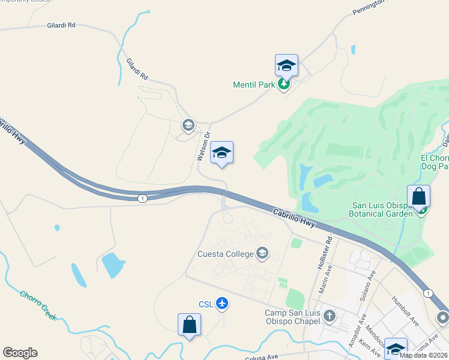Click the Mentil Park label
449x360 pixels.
[x=253, y=85]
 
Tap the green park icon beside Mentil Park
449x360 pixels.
[x=284, y=85]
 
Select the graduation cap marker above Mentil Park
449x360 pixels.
[x=286, y=66]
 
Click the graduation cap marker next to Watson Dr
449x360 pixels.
[x=221, y=154]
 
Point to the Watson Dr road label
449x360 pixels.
[x=204, y=146]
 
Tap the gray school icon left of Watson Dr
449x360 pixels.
[x=188, y=125]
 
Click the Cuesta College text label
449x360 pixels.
[x=226, y=254]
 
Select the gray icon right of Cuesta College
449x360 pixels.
[x=262, y=254]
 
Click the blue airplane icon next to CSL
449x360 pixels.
[x=223, y=304]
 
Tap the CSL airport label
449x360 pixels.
[x=206, y=304]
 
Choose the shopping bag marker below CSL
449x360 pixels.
[x=189, y=325]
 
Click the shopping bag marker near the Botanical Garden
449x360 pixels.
[x=418, y=197]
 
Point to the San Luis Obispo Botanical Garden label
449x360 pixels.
[x=382, y=209]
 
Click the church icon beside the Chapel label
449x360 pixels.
[x=329, y=316]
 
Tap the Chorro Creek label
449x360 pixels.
[x=38, y=305]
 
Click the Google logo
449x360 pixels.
[x=20, y=353]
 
